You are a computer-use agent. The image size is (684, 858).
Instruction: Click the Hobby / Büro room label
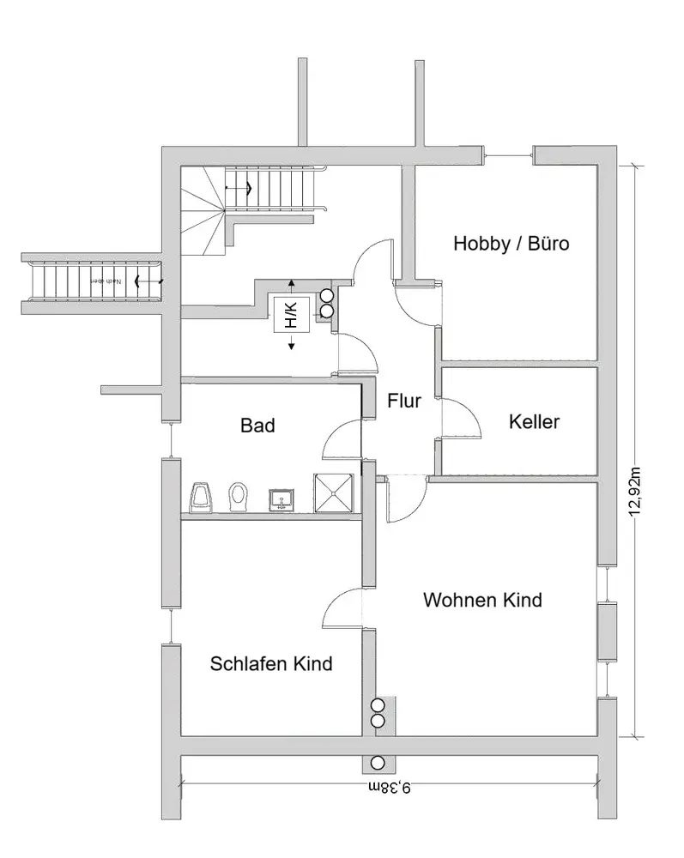(511, 244)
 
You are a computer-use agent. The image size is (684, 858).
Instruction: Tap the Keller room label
(534, 421)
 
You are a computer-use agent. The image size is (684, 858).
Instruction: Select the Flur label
(403, 401)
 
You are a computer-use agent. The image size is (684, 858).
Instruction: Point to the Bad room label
(257, 424)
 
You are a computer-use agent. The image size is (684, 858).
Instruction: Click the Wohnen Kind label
(482, 600)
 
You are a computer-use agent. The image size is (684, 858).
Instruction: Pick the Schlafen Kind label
(271, 663)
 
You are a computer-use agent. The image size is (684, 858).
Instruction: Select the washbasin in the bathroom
(281, 498)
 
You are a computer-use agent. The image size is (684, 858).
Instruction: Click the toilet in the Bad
(238, 496)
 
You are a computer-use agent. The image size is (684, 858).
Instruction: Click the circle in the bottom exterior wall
(378, 762)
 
